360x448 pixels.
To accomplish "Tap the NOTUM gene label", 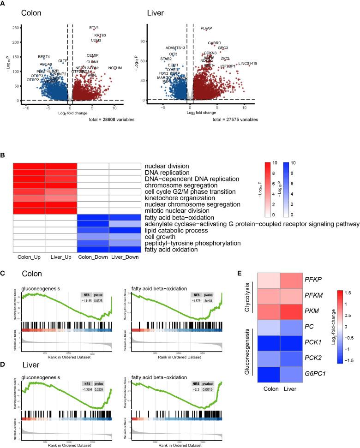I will coord(115,68).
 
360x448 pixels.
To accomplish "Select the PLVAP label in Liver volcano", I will coord(206,29).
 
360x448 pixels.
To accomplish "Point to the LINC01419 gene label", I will coord(248,64).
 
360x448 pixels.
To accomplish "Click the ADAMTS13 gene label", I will coord(175,48).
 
